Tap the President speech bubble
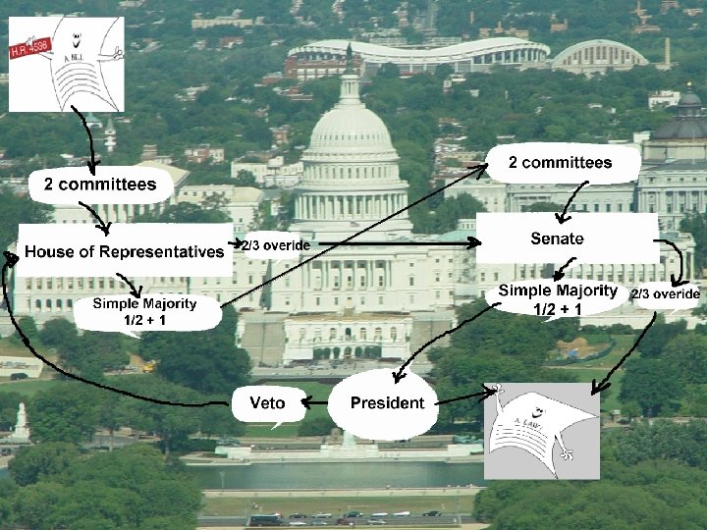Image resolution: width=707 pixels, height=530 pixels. [387, 402]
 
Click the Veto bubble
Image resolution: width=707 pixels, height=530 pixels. [268, 402]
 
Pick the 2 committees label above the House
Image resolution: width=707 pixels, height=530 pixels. [99, 184]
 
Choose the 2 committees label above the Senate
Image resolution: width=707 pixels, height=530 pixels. [560, 163]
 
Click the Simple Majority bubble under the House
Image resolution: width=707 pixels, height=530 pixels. [144, 311]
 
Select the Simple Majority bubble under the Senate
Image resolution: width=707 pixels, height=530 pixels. [557, 299]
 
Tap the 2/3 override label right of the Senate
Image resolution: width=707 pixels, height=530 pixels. [665, 293]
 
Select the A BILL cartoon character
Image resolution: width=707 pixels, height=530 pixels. [69, 67]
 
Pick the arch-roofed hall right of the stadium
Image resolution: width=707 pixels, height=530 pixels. [599, 55]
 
